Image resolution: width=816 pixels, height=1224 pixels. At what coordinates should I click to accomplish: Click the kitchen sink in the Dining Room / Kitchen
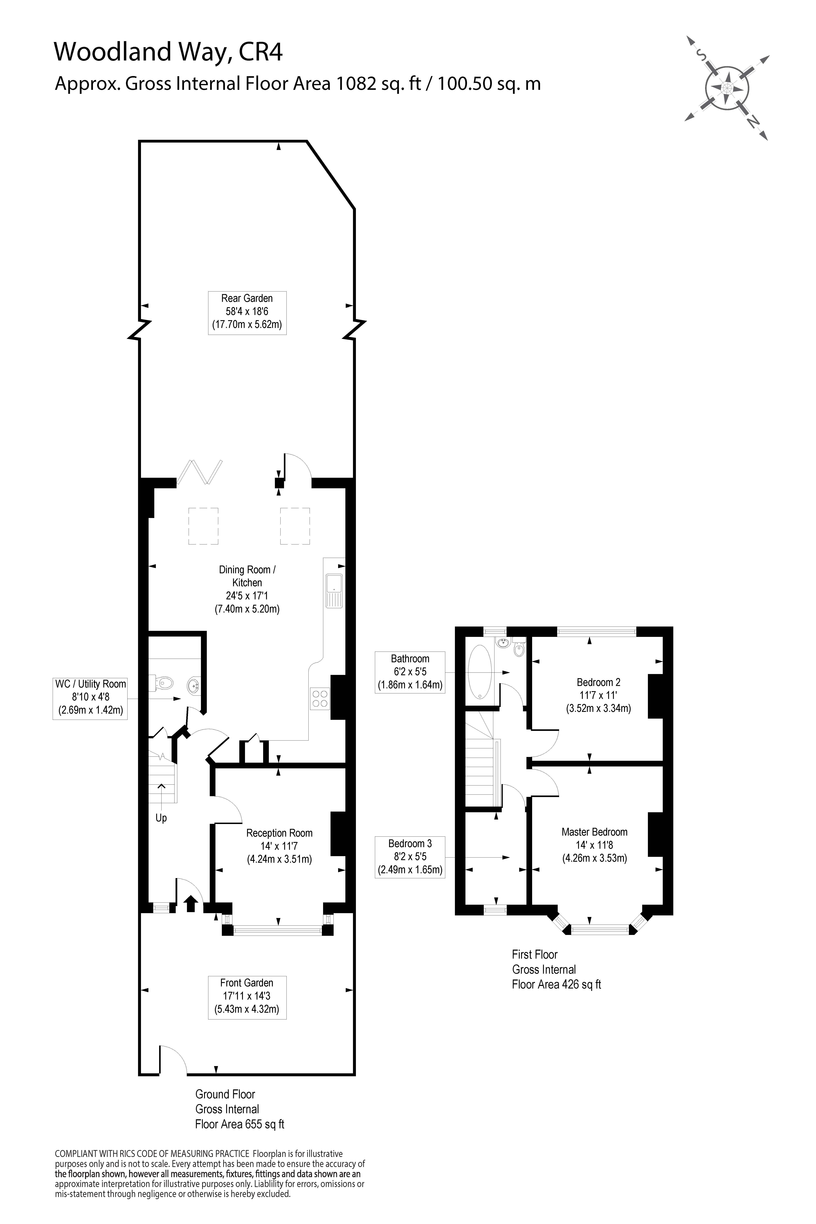coord(334,591)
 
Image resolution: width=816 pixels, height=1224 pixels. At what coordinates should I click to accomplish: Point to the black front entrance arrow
coord(190,904)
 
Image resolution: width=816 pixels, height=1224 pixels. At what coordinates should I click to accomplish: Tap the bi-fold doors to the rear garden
coord(200,472)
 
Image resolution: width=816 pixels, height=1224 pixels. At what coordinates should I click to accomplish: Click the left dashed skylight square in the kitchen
coord(203,526)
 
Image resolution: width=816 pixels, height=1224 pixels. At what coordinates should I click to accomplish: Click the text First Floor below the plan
coord(534,954)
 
